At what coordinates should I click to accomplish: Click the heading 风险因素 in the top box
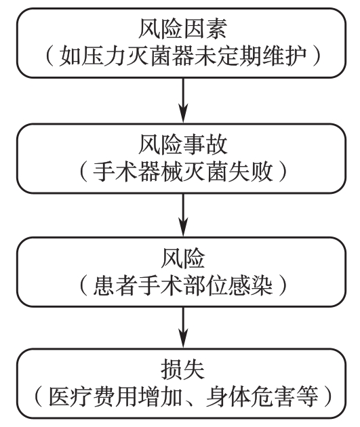point(182,29)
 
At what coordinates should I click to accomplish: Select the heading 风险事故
point(182,145)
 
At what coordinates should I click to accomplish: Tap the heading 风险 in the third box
point(182,258)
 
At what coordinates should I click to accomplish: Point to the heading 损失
point(182,370)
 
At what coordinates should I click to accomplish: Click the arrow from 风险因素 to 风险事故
point(183,100)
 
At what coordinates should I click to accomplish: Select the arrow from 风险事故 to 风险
point(183,215)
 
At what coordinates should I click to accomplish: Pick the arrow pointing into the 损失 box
point(183,327)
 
